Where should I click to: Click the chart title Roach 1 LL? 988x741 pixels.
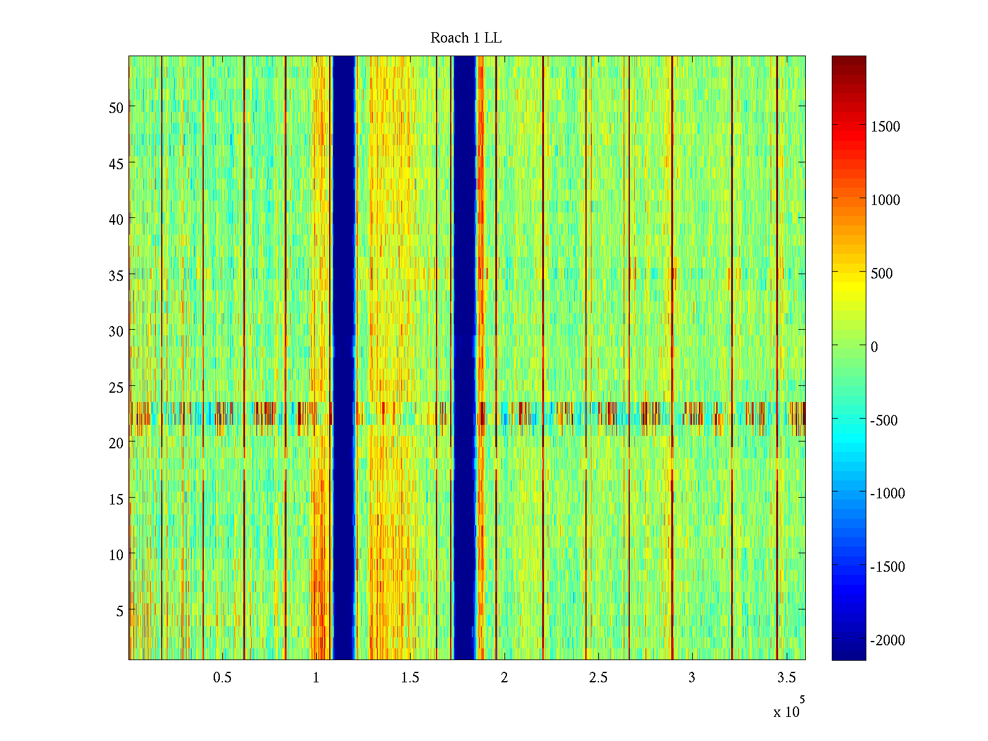click(466, 38)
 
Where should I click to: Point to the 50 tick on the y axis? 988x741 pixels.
click(115, 107)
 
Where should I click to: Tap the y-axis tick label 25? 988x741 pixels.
click(115, 387)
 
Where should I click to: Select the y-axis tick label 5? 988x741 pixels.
click(119, 611)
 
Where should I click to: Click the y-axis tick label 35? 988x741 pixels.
click(115, 275)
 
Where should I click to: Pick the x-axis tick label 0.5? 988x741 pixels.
click(222, 678)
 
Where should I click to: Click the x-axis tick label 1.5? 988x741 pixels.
click(410, 678)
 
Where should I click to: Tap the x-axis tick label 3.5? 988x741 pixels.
click(786, 678)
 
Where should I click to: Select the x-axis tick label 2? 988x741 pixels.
click(504, 678)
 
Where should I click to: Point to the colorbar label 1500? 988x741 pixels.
click(885, 127)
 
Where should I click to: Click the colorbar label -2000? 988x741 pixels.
click(887, 640)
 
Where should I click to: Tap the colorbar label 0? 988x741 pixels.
click(874, 347)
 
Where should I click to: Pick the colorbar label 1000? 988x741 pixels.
click(885, 200)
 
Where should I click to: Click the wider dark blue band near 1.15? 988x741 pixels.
click(344, 358)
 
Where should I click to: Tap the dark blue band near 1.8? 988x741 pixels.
click(464, 358)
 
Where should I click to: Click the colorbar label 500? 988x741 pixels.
click(881, 274)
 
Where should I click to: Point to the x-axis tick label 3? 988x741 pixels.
click(692, 678)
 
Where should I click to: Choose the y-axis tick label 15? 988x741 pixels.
click(115, 499)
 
